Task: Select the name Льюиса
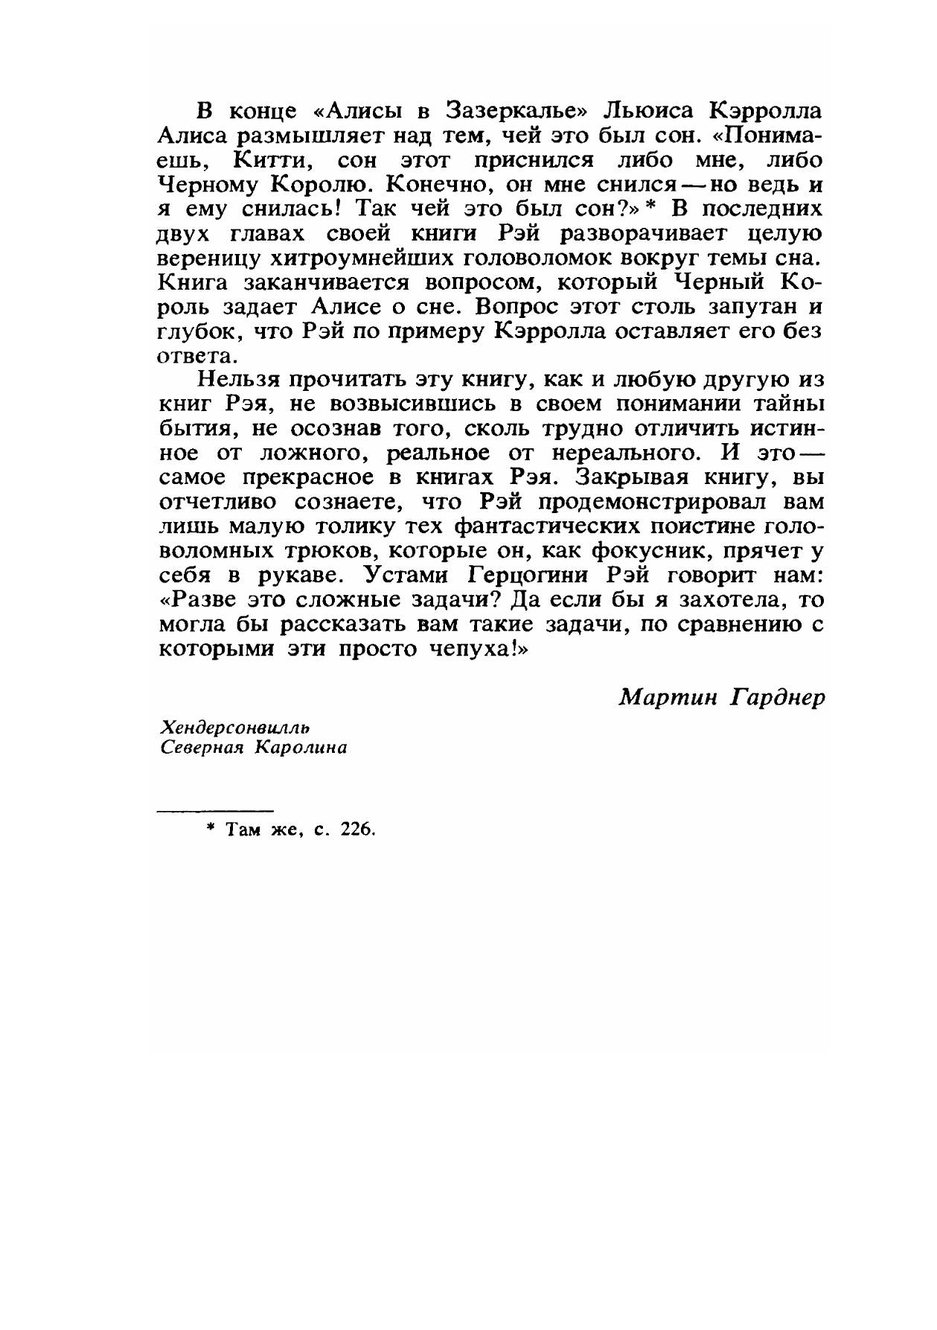tap(647, 112)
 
